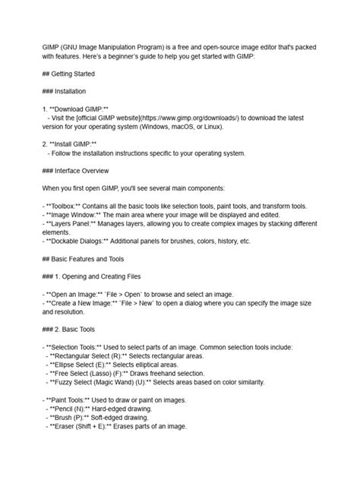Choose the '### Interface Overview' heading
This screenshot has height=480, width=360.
(76, 170)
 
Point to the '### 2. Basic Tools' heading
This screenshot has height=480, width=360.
(71, 328)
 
